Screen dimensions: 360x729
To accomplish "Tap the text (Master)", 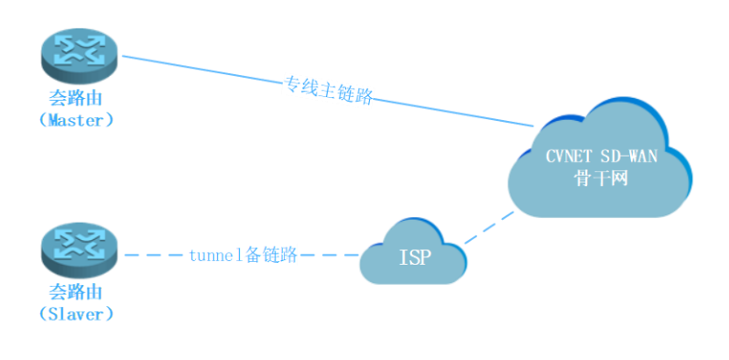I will tap(78, 119).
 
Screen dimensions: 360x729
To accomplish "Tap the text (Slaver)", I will tap(78, 314).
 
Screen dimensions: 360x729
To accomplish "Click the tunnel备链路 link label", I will tap(243, 256).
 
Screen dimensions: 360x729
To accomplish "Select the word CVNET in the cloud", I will tap(569, 156).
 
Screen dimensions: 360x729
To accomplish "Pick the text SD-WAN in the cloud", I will tap(626, 156).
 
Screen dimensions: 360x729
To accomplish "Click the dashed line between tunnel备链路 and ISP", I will tap(330, 256).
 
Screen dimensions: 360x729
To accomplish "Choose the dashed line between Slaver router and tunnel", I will tap(151, 256).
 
